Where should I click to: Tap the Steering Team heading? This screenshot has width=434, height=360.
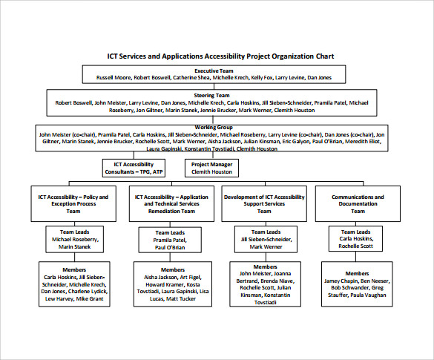pyautogui.click(x=212, y=96)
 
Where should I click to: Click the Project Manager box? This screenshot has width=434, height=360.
pyautogui.click(x=211, y=168)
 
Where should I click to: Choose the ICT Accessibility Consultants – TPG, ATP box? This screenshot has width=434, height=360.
pyautogui.click(x=134, y=168)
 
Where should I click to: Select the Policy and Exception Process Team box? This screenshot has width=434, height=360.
pyautogui.click(x=73, y=203)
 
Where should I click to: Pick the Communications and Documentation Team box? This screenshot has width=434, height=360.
pyautogui.click(x=358, y=203)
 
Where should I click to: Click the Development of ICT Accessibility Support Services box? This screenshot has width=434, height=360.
pyautogui.click(x=264, y=203)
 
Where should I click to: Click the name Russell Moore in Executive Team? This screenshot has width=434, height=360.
pyautogui.click(x=114, y=77)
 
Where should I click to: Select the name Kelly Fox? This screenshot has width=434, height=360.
pyautogui.click(x=262, y=77)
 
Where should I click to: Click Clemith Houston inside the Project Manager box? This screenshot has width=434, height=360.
pyautogui.click(x=211, y=171)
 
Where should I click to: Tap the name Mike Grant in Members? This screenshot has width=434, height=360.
pyautogui.click(x=91, y=299)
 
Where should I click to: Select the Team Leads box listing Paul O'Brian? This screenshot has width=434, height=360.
pyautogui.click(x=170, y=240)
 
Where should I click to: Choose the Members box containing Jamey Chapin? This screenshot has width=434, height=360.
pyautogui.click(x=358, y=284)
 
